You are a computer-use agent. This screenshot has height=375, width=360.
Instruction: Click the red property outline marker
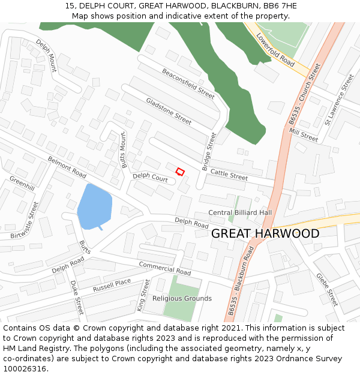179,172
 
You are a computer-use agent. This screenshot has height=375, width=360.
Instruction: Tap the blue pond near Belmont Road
94,206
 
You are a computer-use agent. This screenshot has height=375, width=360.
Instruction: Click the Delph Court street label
150,178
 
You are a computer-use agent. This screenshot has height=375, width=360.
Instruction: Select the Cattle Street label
229,175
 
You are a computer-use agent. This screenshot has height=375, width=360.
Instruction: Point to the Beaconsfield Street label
188,83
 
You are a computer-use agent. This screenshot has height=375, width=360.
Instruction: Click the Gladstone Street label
169,111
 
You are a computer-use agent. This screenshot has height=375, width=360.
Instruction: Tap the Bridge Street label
209,151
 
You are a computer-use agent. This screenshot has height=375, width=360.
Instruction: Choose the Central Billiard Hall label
240,213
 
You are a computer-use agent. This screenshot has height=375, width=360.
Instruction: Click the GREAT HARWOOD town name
265,233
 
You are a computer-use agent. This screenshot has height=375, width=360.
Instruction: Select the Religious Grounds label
182,298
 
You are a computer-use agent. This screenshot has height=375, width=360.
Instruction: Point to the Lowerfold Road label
275,50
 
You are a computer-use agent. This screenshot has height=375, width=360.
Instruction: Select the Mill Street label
303,134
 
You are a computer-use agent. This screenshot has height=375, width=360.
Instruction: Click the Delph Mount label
46,56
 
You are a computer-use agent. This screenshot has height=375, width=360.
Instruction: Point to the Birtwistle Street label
25,220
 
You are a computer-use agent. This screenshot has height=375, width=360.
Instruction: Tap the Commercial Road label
164,268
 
